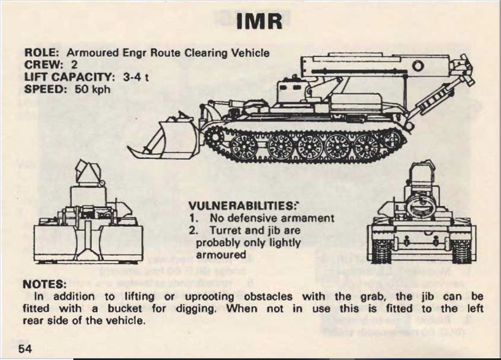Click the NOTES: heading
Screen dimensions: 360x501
pyautogui.click(x=44, y=284)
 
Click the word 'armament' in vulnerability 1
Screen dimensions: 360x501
pyautogui.click(x=309, y=218)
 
